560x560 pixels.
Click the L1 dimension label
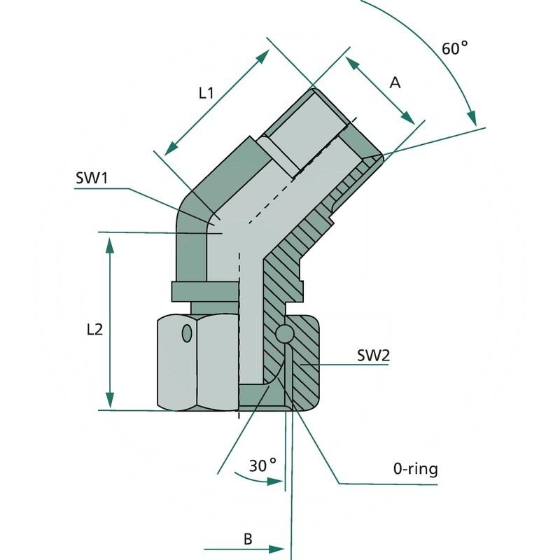point(205,92)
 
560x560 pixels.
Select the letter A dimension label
point(395,83)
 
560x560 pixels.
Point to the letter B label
point(247,539)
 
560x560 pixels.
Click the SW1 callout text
point(92,178)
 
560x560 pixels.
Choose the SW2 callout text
point(373,356)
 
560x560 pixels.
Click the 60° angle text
point(454,48)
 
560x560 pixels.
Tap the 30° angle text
point(263,465)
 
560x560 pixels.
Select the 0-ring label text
point(415,469)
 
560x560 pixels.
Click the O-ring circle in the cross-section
point(284,335)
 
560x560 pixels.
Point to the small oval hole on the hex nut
point(186,333)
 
